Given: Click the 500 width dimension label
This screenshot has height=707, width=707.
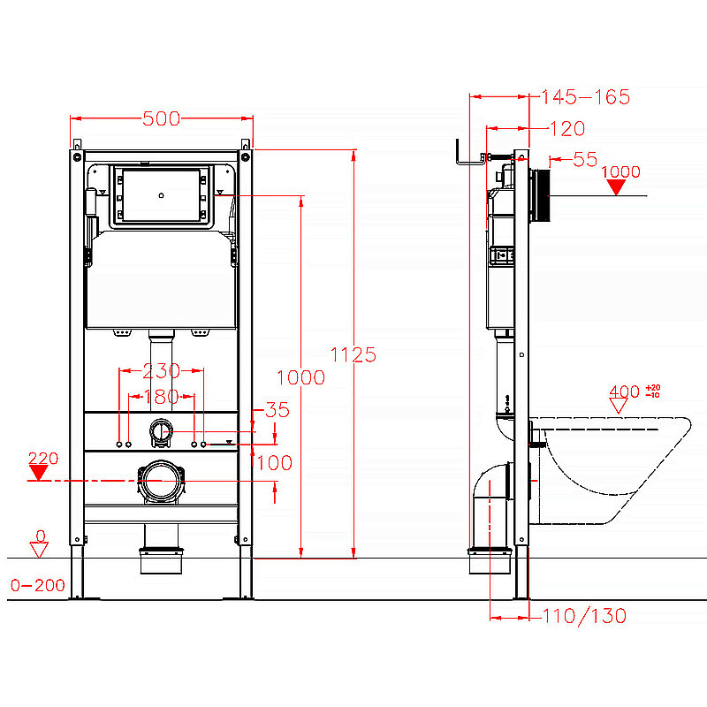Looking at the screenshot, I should click(162, 118).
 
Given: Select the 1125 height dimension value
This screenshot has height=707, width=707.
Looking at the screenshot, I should click(353, 354).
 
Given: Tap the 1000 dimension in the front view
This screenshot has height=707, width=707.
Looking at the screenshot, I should click(300, 377).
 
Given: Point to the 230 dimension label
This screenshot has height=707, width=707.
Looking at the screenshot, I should click(162, 371).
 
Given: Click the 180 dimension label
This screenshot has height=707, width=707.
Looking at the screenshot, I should click(162, 397).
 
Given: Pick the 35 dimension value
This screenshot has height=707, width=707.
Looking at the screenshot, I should click(277, 410).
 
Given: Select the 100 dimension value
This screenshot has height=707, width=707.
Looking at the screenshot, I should click(274, 462).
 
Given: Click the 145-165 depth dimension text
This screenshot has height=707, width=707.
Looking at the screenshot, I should click(584, 97).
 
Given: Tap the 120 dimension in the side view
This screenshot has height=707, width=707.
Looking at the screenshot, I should click(566, 129).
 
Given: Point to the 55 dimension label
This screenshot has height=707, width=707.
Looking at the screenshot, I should click(585, 159).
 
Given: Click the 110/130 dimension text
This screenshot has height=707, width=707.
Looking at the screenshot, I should click(583, 616).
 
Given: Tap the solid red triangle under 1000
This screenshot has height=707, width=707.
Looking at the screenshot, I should click(619, 187).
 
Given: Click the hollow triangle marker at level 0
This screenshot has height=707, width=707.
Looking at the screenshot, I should click(38, 550).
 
